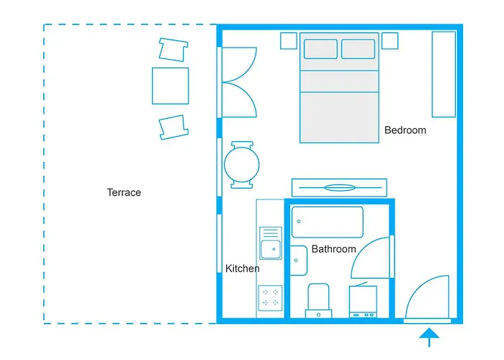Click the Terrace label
[x=124, y=192]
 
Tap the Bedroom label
[x=405, y=130]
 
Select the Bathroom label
[x=333, y=249]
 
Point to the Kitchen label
[x=243, y=269]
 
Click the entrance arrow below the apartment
[x=429, y=337]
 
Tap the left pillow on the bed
[x=320, y=49]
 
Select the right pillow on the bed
[x=358, y=49]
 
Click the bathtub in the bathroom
[x=328, y=222]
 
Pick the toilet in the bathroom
[x=318, y=300]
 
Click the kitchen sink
[x=271, y=249]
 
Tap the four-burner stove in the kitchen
[x=271, y=297]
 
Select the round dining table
[x=241, y=164]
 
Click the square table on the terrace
[x=170, y=86]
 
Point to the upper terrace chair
[x=173, y=49]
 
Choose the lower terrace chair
[x=174, y=125]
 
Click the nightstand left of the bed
[x=289, y=40]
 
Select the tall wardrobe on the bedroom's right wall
[x=444, y=74]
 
